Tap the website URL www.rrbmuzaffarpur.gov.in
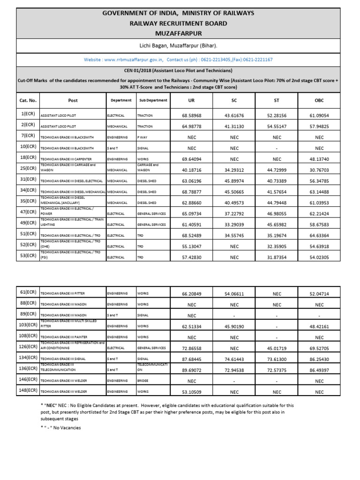pos(133,60)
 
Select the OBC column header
pos(319,100)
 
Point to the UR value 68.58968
pos(191,115)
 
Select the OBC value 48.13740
pos(319,159)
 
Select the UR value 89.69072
pos(191,370)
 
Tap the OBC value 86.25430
pos(319,359)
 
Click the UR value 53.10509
pos(191,392)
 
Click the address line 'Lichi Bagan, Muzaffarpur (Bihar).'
pos(180,45)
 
